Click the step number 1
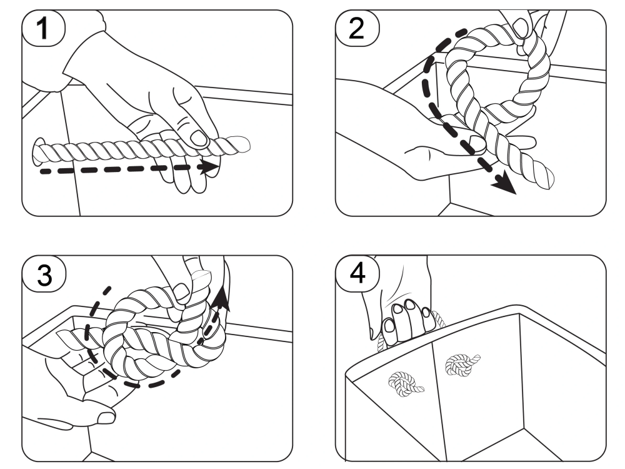42,29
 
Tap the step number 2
356,29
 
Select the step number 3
44,275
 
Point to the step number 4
357,274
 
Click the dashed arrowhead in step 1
210,166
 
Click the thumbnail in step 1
199,138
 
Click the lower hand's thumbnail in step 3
106,418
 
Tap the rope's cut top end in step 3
201,276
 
